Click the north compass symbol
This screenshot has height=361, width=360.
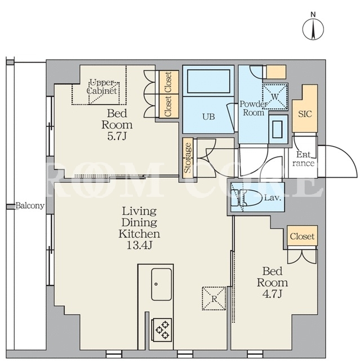tap(313, 29)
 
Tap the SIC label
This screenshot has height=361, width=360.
tap(305, 114)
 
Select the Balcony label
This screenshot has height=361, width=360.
tap(30, 205)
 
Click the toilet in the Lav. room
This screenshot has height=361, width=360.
tap(251, 198)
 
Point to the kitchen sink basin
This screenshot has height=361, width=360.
tap(161, 284)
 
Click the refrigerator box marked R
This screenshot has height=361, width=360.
tap(214, 298)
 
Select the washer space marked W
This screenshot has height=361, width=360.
tap(275, 96)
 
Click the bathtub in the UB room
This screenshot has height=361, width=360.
tap(208, 81)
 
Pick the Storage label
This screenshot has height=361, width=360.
tap(188, 158)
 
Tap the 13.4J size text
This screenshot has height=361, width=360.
tap(139, 246)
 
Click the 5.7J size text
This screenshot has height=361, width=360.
tap(117, 137)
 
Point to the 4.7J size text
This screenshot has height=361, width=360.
tap(272, 294)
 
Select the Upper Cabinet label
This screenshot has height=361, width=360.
tap(102, 86)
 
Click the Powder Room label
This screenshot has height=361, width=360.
tap(254, 108)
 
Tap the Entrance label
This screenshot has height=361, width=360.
tap(303, 159)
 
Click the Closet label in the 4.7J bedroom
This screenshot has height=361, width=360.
tap(302, 236)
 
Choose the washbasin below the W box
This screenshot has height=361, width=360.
tap(278, 129)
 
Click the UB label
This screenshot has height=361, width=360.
tap(209, 117)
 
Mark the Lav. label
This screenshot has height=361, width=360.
tap(273, 198)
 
